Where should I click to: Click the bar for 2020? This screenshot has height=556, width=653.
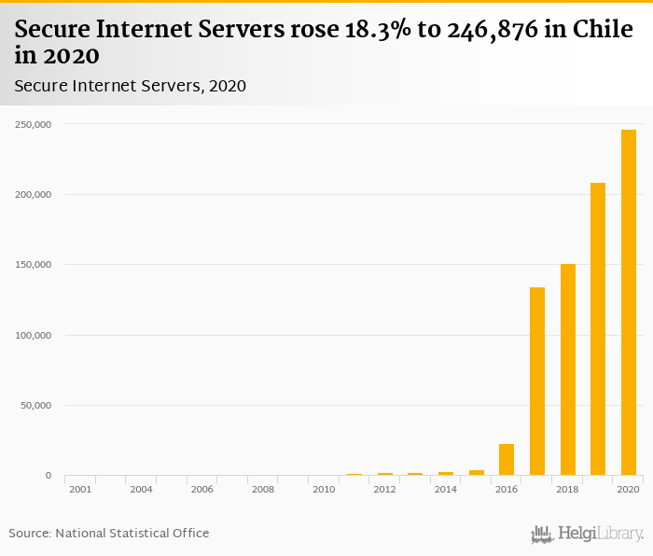[x=629, y=302]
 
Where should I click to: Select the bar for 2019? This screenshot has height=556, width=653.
[x=598, y=328]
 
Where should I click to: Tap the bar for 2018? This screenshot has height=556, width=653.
[x=567, y=369]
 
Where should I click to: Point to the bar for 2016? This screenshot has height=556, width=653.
[x=507, y=459]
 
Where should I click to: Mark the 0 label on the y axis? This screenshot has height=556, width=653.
[x=49, y=476]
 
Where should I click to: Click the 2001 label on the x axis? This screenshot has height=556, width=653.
[x=80, y=489]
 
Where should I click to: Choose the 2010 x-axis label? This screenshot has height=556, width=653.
[x=324, y=489]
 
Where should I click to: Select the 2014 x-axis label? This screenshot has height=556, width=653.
[x=446, y=489]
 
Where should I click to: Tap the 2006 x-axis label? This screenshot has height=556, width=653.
[x=201, y=489]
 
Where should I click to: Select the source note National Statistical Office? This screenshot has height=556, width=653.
[x=132, y=533]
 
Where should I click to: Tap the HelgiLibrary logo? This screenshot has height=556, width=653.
[x=588, y=535]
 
